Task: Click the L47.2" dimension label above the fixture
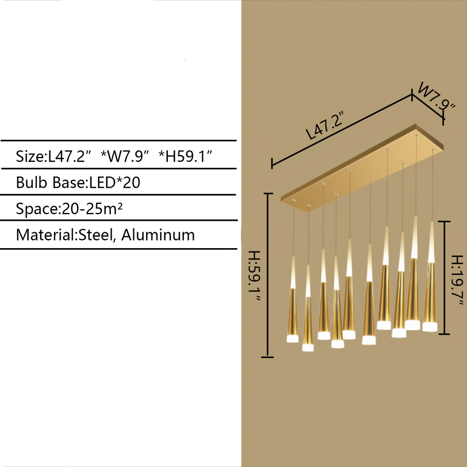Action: (x=325, y=125)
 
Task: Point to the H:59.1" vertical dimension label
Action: (x=254, y=275)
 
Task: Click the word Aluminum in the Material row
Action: (x=158, y=235)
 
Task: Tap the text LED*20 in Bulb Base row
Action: (x=114, y=182)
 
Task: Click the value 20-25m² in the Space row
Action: (x=92, y=208)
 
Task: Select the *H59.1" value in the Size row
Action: (x=185, y=156)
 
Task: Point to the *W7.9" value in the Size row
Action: (x=125, y=156)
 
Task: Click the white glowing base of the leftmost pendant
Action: (x=292, y=339)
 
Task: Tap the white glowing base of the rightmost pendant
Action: (x=430, y=327)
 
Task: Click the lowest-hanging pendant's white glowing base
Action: (x=308, y=348)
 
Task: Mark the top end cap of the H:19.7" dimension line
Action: (x=444, y=222)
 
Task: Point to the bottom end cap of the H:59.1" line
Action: (x=267, y=357)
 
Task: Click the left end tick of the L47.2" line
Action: (x=272, y=164)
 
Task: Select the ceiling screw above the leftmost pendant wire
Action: (x=294, y=200)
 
